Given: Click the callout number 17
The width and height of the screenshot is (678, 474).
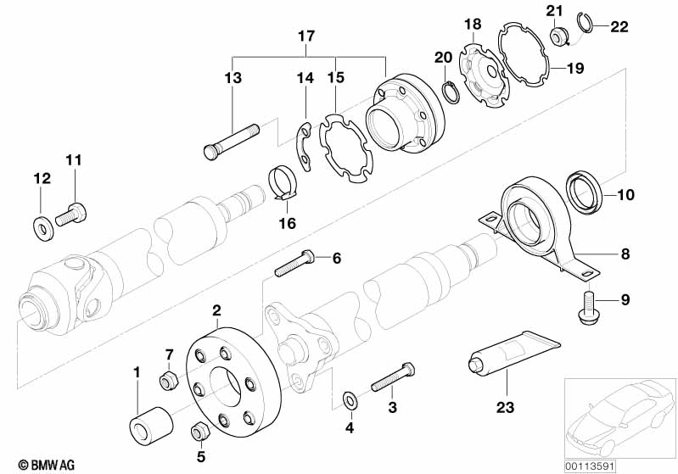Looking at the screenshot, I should (x=305, y=36).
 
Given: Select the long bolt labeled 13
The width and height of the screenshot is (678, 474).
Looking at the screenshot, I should (x=231, y=139).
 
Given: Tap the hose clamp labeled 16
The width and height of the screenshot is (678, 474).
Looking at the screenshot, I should (x=285, y=185).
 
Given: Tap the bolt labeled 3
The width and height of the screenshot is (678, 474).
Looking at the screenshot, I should (x=391, y=378).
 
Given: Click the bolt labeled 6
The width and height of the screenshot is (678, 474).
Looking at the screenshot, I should (x=294, y=264).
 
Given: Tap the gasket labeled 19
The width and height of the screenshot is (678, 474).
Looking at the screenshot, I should (x=524, y=57).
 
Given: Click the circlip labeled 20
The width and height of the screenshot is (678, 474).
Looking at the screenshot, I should (x=451, y=91).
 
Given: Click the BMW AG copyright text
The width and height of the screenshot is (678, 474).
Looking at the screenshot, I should (x=31, y=465).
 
